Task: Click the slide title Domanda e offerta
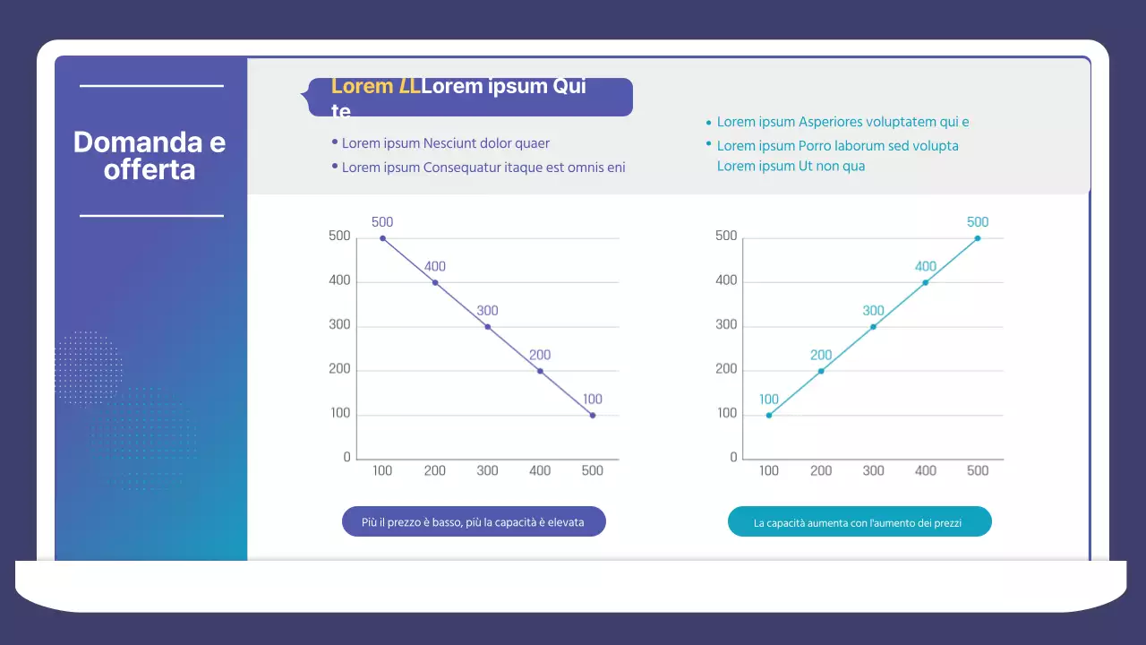[x=150, y=156]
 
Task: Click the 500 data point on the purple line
[x=382, y=238]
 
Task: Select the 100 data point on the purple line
[x=593, y=416]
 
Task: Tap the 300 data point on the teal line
[x=873, y=327]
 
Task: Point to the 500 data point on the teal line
[x=978, y=238]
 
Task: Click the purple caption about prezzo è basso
[x=474, y=521]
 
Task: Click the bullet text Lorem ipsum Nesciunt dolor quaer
[x=445, y=143]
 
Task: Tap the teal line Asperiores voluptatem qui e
[x=842, y=123]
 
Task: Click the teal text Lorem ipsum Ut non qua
[x=791, y=166]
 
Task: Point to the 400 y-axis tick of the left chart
[x=339, y=281]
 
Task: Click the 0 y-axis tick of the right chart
[x=734, y=458]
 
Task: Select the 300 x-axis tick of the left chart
[x=487, y=471]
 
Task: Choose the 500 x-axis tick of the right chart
[x=978, y=471]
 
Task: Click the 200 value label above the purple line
[x=540, y=356]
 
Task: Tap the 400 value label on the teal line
[x=925, y=267]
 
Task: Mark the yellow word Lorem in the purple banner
[x=363, y=87]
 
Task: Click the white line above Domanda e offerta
[x=151, y=86]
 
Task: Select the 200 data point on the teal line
[x=821, y=371]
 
